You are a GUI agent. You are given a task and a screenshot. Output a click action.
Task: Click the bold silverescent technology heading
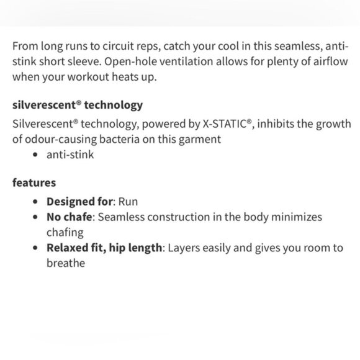78,104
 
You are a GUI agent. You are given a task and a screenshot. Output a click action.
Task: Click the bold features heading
34,182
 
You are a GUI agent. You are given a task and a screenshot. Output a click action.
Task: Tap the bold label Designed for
79,202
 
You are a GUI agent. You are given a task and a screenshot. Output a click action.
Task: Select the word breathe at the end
65,263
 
